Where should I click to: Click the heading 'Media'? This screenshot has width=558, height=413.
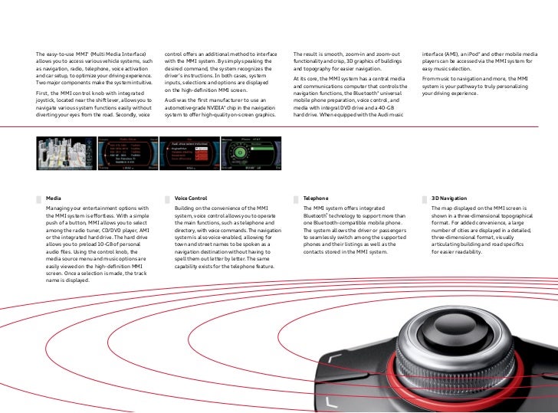click(53, 198)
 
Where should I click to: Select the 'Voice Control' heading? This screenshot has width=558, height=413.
click(191, 198)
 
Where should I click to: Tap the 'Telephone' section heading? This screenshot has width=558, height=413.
click(316, 198)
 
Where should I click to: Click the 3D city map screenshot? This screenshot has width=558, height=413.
click(66, 154)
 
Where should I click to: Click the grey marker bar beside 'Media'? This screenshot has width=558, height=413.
click(38, 198)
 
